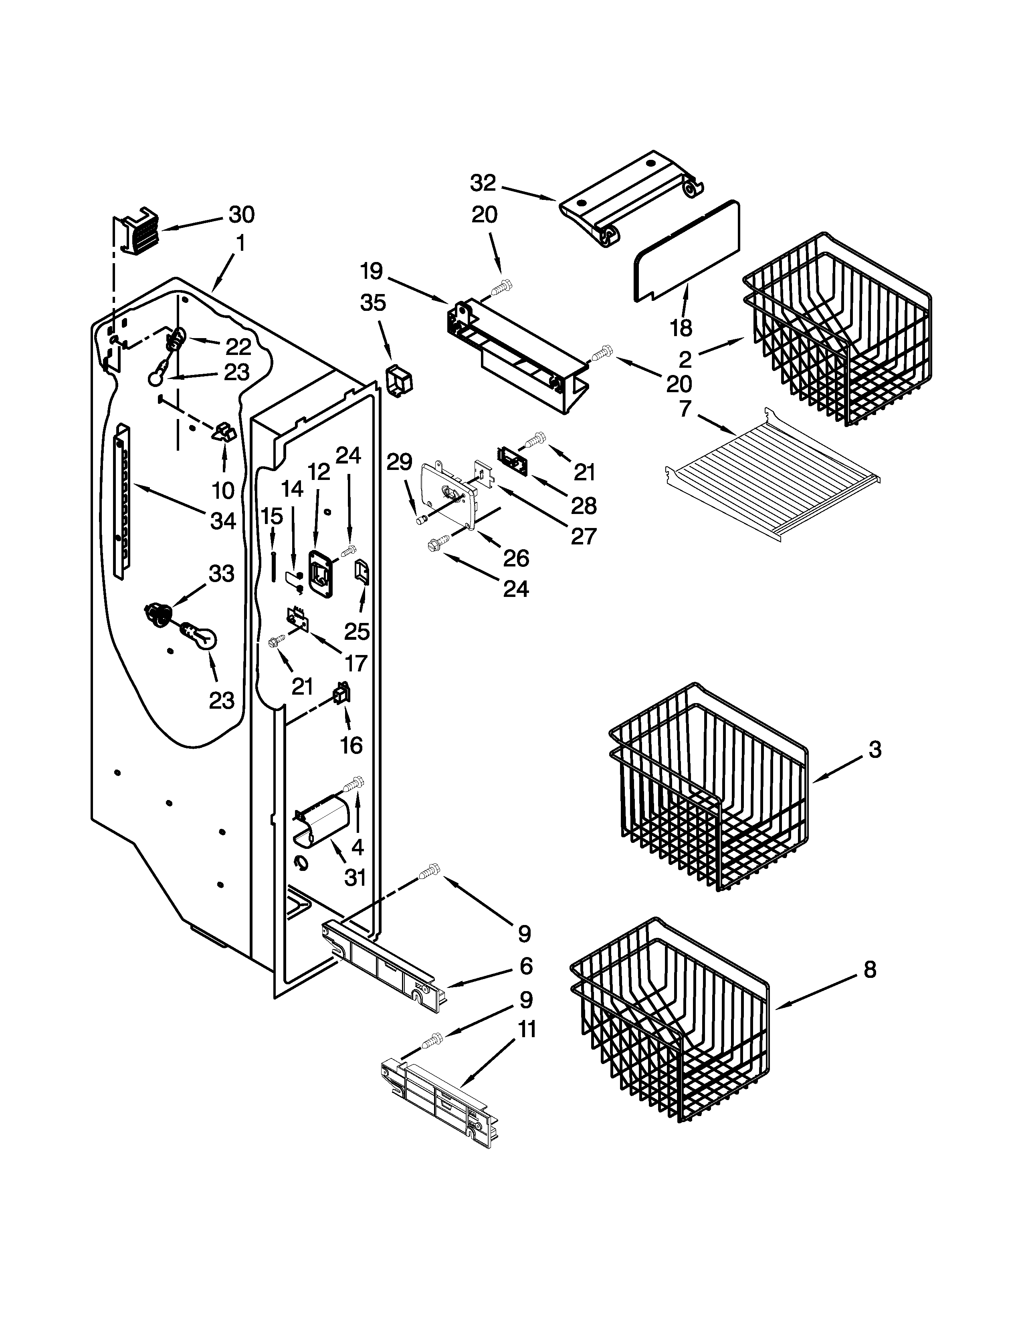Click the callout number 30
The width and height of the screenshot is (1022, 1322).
[241, 215]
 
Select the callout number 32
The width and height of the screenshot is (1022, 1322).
[483, 183]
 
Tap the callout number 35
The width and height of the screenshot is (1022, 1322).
[373, 302]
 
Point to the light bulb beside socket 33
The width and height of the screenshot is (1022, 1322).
[200, 637]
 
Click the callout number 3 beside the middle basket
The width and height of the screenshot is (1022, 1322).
[874, 750]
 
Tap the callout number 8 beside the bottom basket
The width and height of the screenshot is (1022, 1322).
[869, 970]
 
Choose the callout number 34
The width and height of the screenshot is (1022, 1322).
[222, 520]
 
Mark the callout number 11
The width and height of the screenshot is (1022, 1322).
[527, 1029]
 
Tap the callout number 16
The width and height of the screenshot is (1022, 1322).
[351, 745]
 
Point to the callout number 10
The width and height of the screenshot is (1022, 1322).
[223, 490]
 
